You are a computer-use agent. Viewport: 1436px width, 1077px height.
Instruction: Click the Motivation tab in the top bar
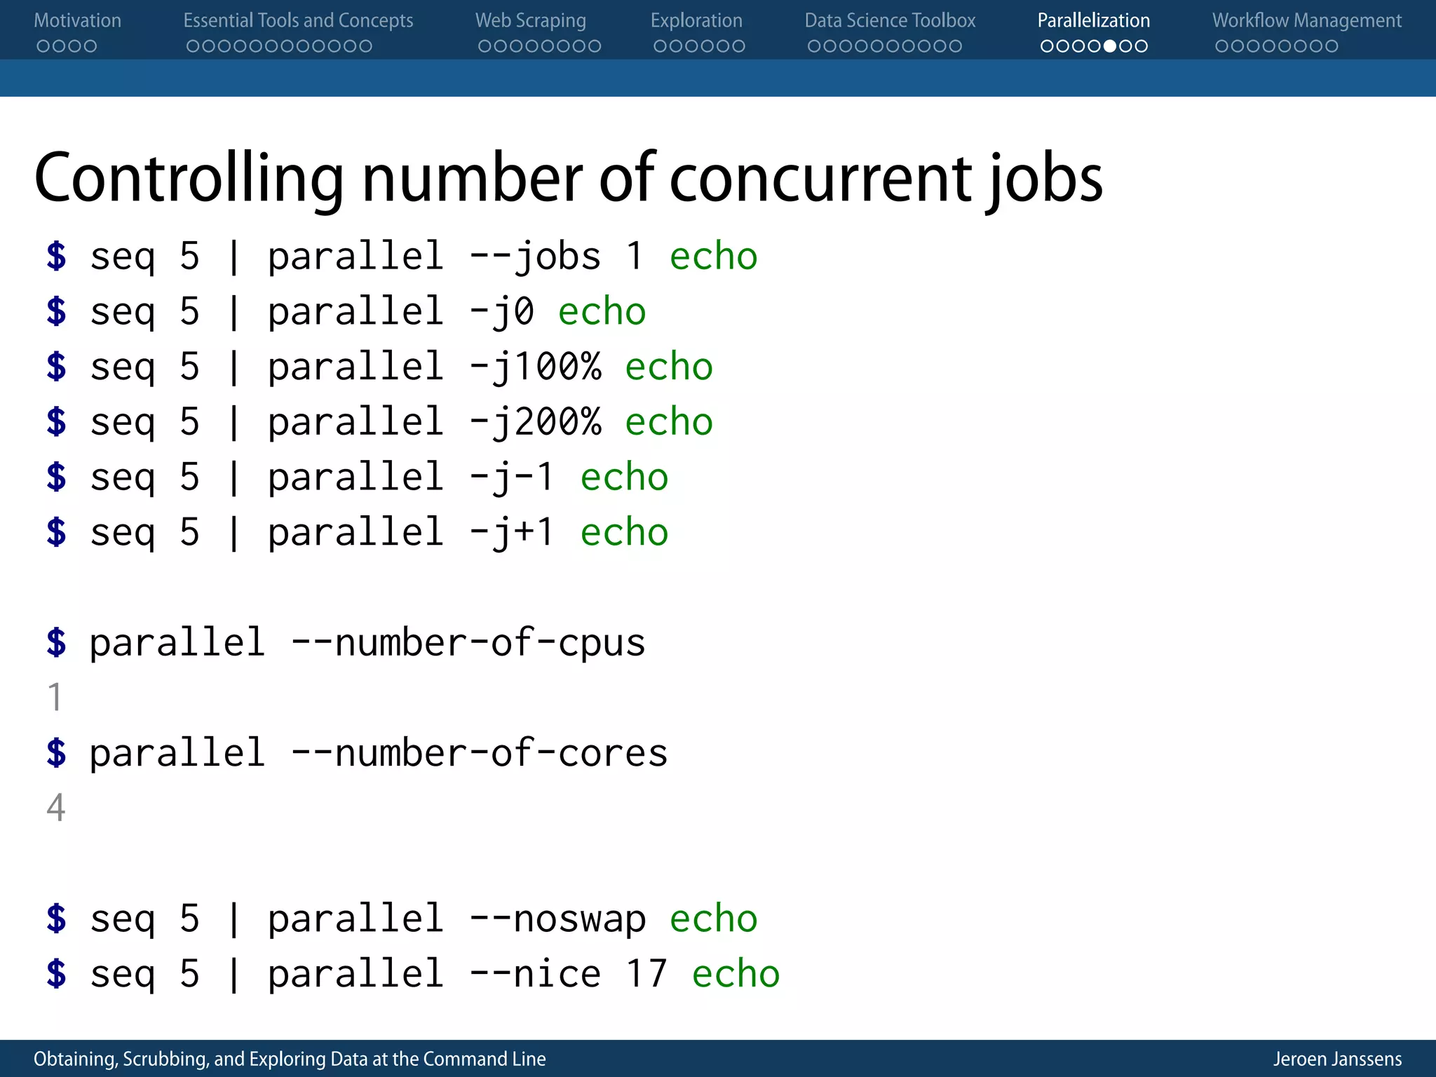pos(77,20)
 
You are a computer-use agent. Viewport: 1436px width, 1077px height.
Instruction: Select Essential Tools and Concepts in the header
pos(298,20)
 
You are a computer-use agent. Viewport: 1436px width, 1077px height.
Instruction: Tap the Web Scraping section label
pos(530,20)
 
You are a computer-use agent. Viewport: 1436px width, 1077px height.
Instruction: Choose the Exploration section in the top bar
pos(696,20)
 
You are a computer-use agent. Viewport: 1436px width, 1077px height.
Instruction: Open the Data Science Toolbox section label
pos(890,20)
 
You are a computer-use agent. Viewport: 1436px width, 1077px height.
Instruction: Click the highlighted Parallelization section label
pos(1093,20)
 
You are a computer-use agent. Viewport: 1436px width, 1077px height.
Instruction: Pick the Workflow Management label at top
pos(1307,20)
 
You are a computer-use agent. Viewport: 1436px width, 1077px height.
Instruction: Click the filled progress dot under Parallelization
pos(1110,46)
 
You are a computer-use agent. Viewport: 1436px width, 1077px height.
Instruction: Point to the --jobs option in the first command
pos(535,256)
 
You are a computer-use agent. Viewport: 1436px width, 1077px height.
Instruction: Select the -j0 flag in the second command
pos(501,311)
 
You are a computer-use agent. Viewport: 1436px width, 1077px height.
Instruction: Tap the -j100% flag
pos(535,367)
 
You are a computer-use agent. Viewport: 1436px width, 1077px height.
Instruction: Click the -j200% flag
pos(535,422)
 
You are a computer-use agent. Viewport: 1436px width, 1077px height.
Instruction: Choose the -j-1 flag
pos(513,477)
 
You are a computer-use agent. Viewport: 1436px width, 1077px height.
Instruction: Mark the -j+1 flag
pos(513,533)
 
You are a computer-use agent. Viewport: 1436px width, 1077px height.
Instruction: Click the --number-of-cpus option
pos(468,643)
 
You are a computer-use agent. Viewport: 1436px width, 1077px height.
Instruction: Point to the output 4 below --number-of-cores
pos(56,808)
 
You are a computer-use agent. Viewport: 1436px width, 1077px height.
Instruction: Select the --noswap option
pos(557,919)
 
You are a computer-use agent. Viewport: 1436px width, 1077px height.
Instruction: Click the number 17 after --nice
pos(646,974)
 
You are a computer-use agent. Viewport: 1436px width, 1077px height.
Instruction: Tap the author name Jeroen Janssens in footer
pos(1337,1059)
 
